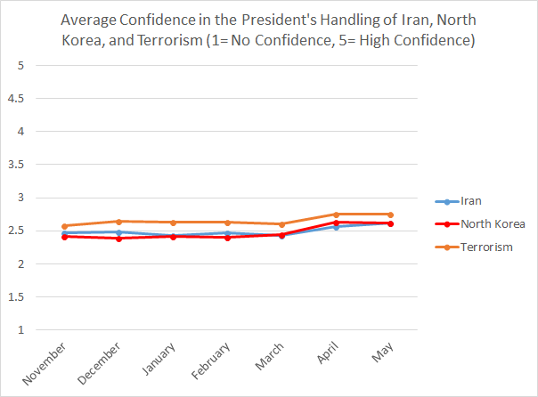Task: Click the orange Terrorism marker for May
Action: click(x=391, y=215)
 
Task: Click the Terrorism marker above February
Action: click(x=227, y=223)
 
